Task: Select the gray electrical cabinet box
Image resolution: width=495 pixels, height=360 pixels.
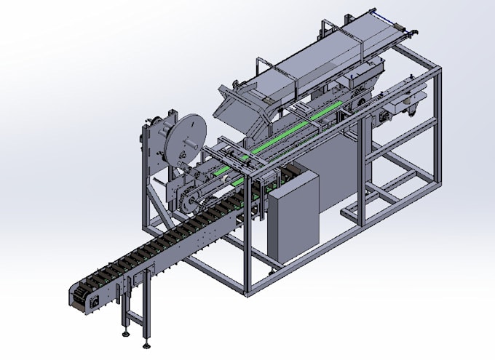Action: (x=293, y=218)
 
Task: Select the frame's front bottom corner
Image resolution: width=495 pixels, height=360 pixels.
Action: (x=248, y=290)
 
